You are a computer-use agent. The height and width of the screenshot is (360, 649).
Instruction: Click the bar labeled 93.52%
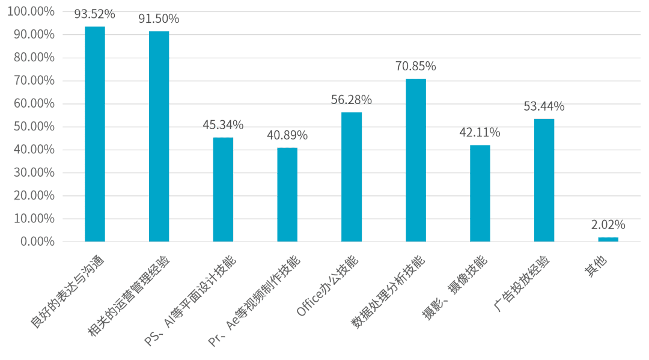click(x=95, y=134)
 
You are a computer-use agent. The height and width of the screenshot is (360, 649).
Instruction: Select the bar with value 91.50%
click(x=159, y=136)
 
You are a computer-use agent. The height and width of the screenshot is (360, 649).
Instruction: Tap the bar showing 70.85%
click(x=416, y=160)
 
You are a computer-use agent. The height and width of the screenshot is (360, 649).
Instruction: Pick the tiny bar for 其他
click(x=608, y=239)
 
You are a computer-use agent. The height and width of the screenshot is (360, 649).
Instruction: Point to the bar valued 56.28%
click(x=352, y=177)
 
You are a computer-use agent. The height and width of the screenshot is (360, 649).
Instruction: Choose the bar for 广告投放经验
click(x=544, y=180)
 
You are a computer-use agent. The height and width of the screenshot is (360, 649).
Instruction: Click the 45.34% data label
click(x=223, y=125)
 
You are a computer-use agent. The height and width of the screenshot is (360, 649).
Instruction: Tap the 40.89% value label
click(x=287, y=136)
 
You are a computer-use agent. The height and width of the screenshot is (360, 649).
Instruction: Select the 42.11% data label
click(x=480, y=133)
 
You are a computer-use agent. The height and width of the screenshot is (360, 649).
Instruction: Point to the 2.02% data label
click(x=608, y=225)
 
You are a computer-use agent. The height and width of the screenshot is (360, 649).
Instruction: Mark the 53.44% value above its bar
click(x=544, y=107)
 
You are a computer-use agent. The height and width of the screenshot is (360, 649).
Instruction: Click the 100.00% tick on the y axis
click(x=33, y=12)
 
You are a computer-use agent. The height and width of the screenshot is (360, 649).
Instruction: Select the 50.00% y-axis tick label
click(x=35, y=127)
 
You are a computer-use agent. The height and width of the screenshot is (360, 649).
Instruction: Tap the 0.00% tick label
click(x=38, y=242)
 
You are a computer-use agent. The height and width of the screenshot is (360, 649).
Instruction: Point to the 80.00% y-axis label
click(x=35, y=58)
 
